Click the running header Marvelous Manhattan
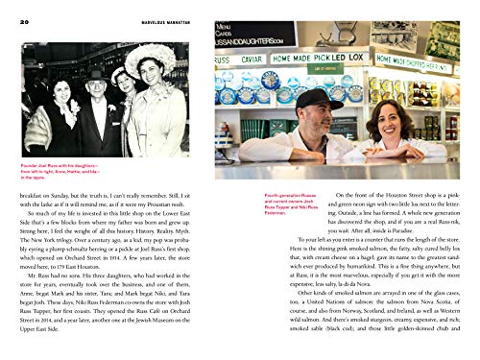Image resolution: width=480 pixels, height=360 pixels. (240, 11)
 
